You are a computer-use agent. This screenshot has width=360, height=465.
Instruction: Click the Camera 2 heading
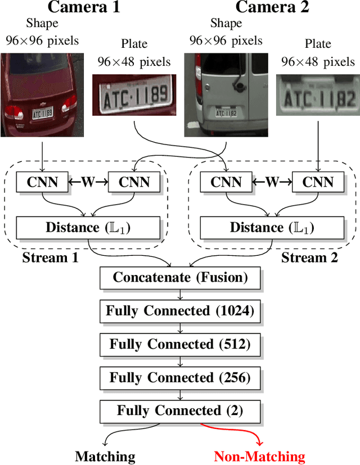point(272,8)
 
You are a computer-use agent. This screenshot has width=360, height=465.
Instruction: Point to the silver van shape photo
point(226,94)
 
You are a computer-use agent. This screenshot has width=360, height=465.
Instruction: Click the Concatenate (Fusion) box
point(180,277)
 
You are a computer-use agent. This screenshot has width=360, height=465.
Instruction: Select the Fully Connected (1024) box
point(180,310)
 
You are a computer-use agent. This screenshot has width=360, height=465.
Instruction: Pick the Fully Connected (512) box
point(180,344)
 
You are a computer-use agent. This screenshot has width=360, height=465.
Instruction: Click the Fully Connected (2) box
point(180,410)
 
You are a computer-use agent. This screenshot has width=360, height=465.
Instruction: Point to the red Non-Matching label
point(259,457)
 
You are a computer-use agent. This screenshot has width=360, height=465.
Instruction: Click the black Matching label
point(105,457)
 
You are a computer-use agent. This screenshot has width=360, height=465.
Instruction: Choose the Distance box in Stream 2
point(272,227)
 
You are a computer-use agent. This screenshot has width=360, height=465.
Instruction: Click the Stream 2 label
point(310,258)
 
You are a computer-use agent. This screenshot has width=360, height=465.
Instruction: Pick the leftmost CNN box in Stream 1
point(42,182)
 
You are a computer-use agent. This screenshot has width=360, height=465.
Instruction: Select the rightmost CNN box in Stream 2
point(318,182)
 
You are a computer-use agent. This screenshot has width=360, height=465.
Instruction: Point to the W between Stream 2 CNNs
point(272,182)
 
